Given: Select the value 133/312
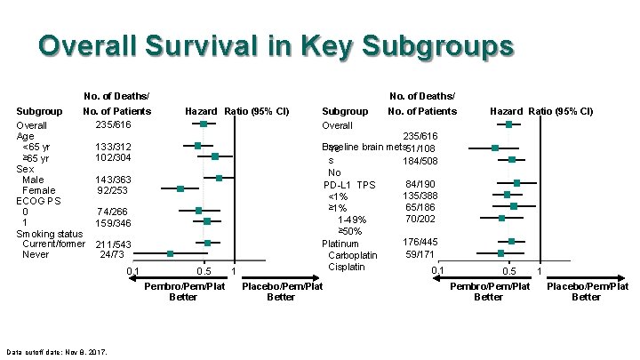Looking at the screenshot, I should pyautogui.click(x=113, y=147).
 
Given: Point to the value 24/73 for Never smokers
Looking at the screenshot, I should pyautogui.click(x=111, y=254).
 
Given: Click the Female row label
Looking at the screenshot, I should pyautogui.click(x=38, y=190).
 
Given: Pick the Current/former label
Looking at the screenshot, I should pyautogui.click(x=53, y=244).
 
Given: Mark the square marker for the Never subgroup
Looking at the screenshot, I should pyautogui.click(x=171, y=254).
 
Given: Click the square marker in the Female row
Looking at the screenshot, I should pyautogui.click(x=180, y=188).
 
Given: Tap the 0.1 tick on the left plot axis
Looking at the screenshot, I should pyautogui.click(x=132, y=271).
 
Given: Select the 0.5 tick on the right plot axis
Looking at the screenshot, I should pyautogui.click(x=509, y=271).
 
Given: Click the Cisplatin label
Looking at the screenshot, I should pyautogui.click(x=347, y=267).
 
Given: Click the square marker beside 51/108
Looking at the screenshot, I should pyautogui.click(x=495, y=148).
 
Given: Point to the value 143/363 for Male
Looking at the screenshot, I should pyautogui.click(x=113, y=180).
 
